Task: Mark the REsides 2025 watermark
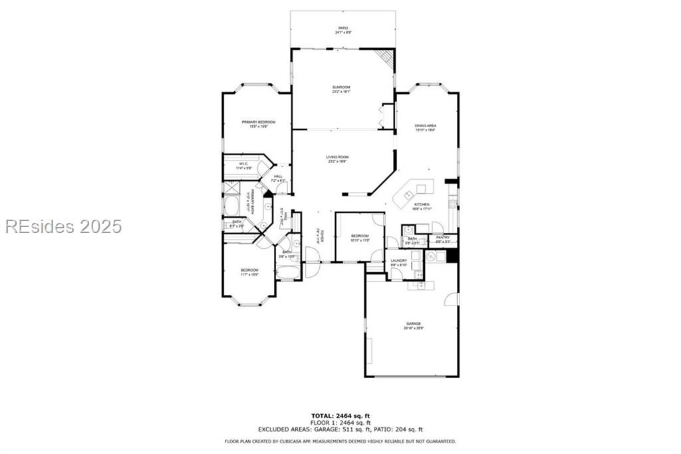click(64, 226)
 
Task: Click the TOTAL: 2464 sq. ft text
click(340, 416)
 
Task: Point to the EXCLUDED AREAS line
click(340, 429)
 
